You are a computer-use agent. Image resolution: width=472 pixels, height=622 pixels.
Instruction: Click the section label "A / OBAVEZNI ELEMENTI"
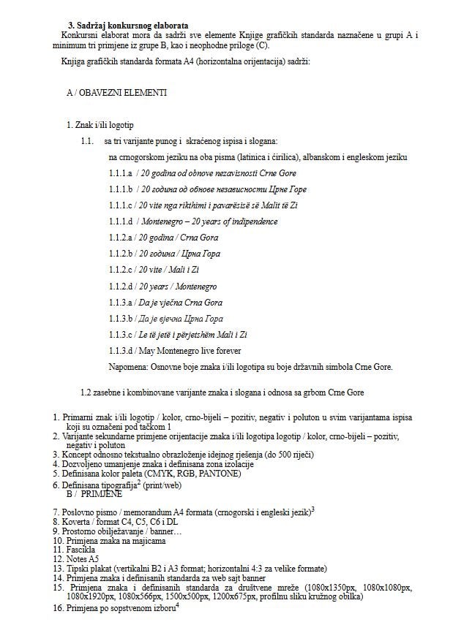click(x=116, y=94)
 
